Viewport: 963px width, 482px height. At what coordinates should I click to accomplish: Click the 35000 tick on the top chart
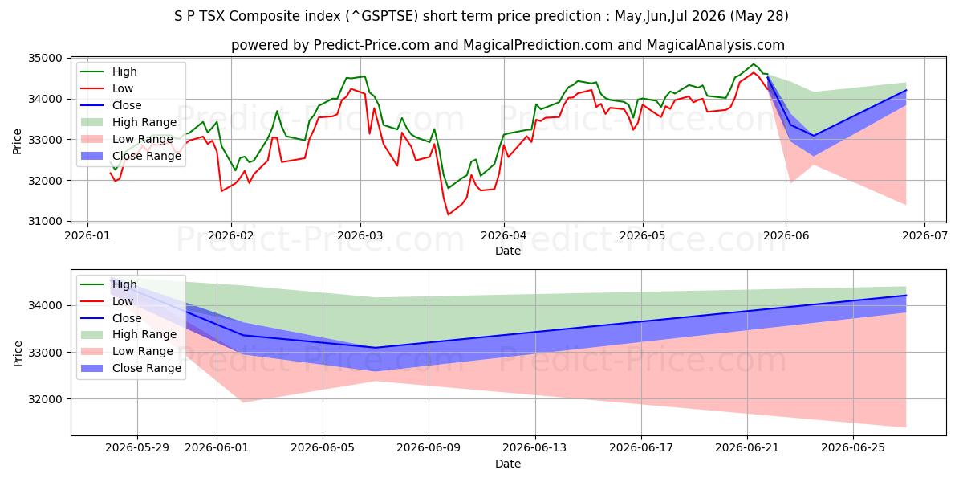(x=45, y=58)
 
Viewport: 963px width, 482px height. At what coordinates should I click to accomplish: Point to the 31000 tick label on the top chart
(x=45, y=221)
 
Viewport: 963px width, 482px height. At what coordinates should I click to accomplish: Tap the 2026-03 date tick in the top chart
(x=360, y=236)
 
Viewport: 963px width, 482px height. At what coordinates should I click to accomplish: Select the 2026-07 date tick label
(x=924, y=236)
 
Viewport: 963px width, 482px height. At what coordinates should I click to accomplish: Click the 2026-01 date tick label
(x=87, y=236)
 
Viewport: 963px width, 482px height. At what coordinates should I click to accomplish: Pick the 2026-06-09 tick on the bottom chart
(x=429, y=448)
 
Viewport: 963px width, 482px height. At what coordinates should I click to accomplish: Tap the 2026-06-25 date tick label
(x=853, y=448)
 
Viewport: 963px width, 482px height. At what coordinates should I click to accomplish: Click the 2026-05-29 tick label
(x=137, y=448)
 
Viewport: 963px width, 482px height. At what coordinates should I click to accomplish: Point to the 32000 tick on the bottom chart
(x=45, y=399)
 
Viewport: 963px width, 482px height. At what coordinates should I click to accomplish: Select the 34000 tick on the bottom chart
(x=45, y=305)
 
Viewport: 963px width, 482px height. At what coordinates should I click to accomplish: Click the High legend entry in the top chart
(x=124, y=71)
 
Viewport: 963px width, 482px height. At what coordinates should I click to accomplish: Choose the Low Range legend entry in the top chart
(x=142, y=139)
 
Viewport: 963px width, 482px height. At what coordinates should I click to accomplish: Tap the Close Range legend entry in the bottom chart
(x=147, y=368)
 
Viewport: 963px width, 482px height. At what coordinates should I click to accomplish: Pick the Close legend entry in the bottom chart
(x=127, y=318)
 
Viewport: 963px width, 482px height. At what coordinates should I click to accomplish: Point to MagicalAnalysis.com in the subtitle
(x=715, y=45)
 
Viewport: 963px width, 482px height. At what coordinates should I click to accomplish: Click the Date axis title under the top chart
(x=508, y=251)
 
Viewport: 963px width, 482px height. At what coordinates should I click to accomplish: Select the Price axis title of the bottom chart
(x=17, y=353)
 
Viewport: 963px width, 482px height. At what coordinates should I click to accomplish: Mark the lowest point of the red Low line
(x=449, y=214)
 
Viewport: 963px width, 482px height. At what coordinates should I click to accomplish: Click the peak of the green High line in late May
(x=753, y=64)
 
